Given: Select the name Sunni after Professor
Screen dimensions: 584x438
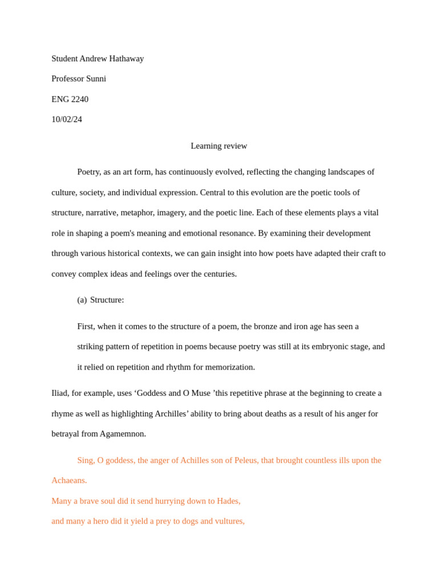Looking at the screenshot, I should click(96, 79).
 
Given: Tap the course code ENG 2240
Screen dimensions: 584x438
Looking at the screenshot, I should click(70, 99).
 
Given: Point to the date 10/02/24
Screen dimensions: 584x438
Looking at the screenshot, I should click(67, 119).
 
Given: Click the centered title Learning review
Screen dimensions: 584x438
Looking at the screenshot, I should click(219, 146).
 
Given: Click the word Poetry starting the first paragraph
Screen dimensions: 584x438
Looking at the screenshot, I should click(88, 172).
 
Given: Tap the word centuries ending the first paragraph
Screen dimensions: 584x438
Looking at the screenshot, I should click(220, 274).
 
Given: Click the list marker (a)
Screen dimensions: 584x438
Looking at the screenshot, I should click(82, 300).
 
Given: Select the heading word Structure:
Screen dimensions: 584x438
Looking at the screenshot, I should click(107, 300).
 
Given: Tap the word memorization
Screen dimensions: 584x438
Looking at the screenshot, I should click(231, 367).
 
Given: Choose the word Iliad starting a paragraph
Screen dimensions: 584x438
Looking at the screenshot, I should click(59, 394).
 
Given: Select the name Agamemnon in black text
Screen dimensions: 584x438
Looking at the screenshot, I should click(123, 434).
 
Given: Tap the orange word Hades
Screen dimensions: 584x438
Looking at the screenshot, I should click(228, 501).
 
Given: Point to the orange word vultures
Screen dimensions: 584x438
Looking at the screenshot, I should click(229, 521).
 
